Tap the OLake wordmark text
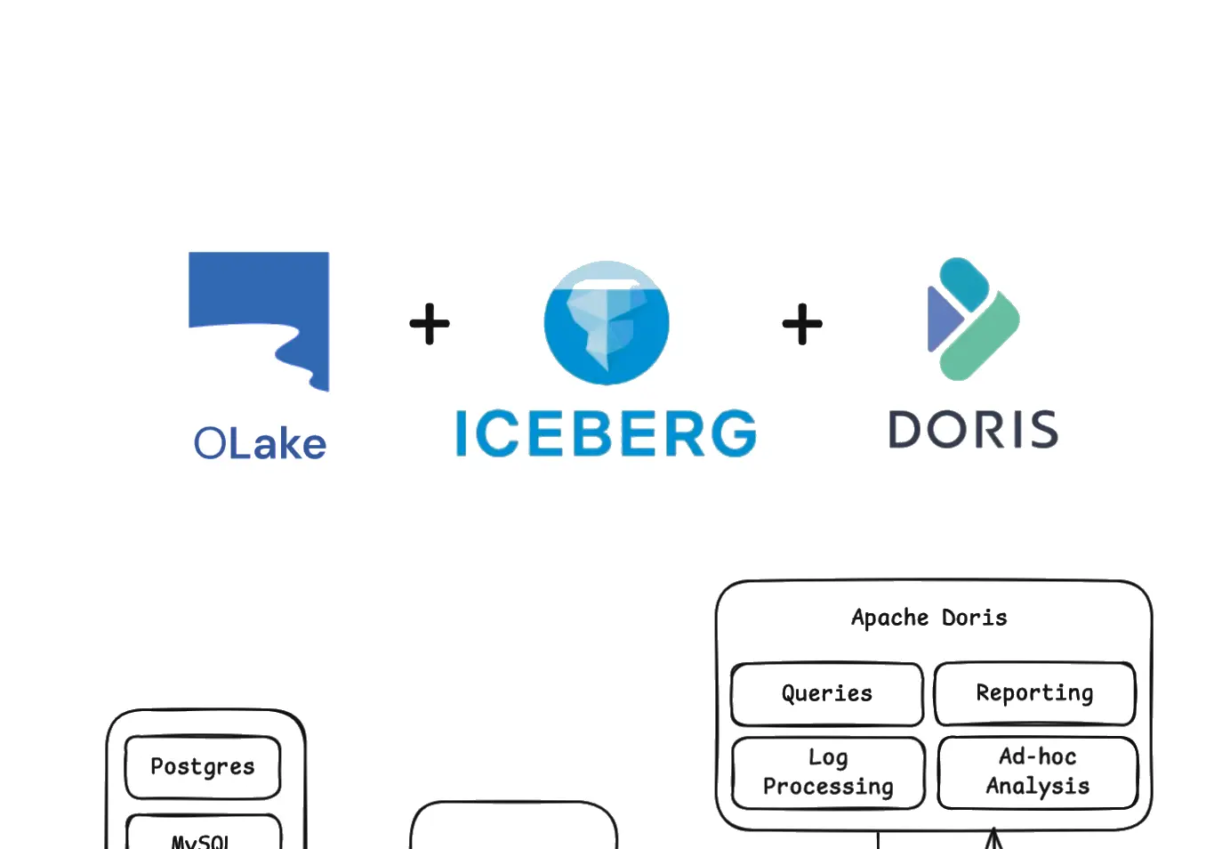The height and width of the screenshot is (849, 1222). [x=260, y=443]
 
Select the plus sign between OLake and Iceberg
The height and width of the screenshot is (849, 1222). [x=430, y=324]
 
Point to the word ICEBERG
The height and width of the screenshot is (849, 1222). [x=606, y=434]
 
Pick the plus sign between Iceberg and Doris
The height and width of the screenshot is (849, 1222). [x=802, y=324]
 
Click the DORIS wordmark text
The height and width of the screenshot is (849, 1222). [x=973, y=430]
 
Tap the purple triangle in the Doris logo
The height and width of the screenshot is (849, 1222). [x=941, y=319]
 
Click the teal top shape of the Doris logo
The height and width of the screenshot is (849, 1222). [x=965, y=282]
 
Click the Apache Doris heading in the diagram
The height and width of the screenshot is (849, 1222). [x=929, y=618]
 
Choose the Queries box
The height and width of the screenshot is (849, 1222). [x=827, y=693]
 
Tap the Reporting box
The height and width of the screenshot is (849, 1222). [x=1034, y=693]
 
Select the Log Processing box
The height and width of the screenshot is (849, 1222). [x=828, y=772]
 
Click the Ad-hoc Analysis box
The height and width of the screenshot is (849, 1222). [x=1037, y=772]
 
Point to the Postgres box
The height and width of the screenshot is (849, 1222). [x=203, y=766]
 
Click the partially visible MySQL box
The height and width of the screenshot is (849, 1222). [x=203, y=837]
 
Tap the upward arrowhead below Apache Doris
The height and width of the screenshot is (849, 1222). [x=993, y=838]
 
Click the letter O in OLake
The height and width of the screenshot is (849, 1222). [x=211, y=443]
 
